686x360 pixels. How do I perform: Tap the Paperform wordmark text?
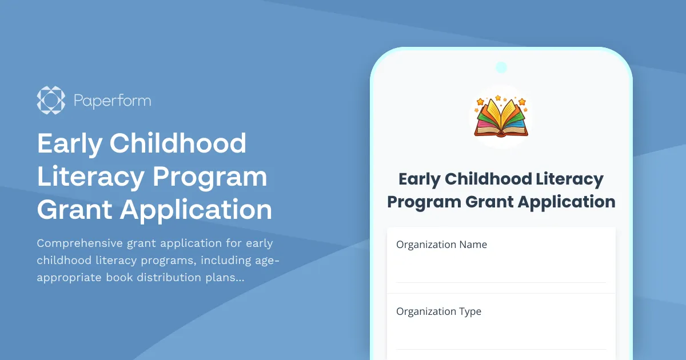click(112, 101)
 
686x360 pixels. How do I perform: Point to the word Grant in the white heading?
click(74, 210)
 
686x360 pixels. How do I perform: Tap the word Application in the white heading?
click(196, 210)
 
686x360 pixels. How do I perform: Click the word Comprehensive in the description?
click(79, 243)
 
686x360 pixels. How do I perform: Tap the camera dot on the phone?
click(501, 67)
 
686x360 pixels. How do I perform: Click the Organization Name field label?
click(441, 245)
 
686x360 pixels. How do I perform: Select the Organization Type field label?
click(438, 311)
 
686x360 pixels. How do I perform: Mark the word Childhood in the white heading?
click(178, 143)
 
